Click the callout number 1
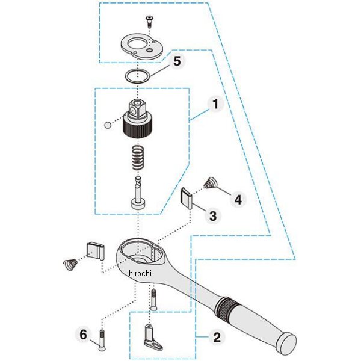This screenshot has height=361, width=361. point(215,104)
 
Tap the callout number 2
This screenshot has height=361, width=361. point(217,338)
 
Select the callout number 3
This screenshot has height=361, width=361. point(213,216)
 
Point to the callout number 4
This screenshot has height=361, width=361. point(238,199)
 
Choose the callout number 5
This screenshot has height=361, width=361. point(177,61)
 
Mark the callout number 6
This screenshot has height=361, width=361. point(84,335)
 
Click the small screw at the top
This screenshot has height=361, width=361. point(149,22)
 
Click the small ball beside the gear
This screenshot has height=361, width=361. point(108,125)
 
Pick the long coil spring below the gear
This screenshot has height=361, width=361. point(138,158)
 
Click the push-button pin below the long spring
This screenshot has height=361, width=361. point(138,193)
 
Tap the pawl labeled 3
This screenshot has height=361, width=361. point(187,199)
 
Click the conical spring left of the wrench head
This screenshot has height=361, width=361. point(70,264)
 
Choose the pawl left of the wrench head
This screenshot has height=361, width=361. point(96,250)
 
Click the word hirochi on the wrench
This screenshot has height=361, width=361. point(140,273)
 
